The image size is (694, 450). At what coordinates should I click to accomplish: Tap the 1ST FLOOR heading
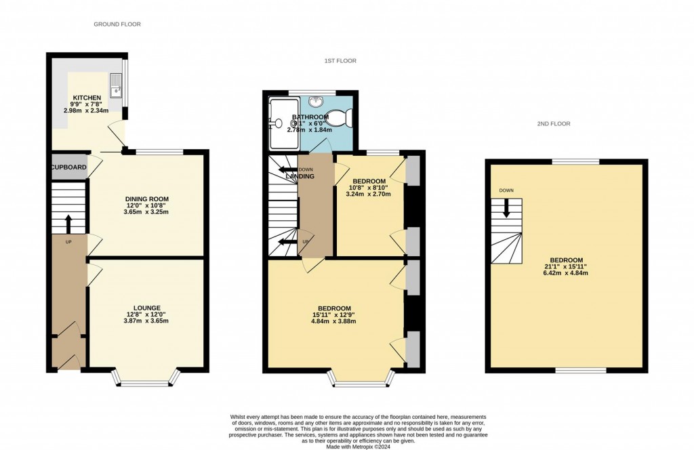(x=340, y=61)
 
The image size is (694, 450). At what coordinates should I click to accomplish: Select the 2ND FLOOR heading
(x=554, y=124)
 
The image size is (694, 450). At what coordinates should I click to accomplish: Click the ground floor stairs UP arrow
(x=68, y=223)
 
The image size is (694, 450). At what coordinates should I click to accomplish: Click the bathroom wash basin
(x=317, y=102)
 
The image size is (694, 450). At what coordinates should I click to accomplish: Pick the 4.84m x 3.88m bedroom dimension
(x=334, y=321)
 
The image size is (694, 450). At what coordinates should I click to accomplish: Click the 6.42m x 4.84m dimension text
(x=566, y=273)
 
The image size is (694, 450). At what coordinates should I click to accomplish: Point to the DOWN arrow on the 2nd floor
(x=506, y=209)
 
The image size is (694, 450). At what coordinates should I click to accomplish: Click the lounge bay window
(x=147, y=380)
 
